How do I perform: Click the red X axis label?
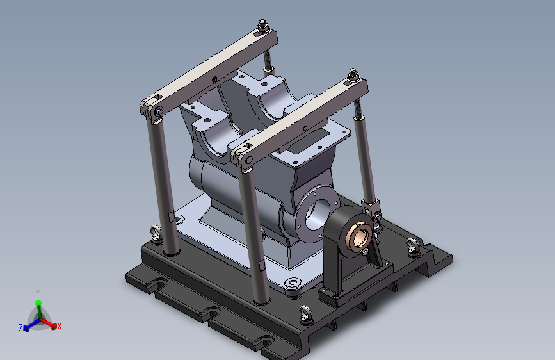(59, 326)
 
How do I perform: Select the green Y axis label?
(38, 293)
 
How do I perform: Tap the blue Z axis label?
(20, 328)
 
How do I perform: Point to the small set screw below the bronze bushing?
(365, 252)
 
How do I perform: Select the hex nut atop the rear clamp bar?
(262, 26)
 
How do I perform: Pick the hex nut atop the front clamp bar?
(353, 76)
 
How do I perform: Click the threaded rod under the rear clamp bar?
(268, 60)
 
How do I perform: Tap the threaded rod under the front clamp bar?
(358, 109)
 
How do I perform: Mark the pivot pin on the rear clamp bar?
(159, 111)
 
